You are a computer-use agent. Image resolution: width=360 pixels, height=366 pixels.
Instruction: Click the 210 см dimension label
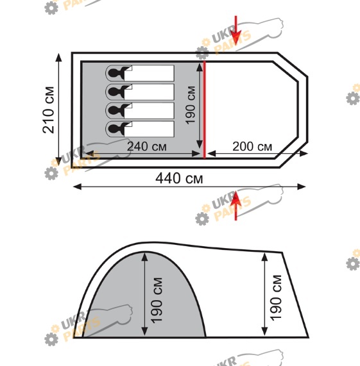point(49,110)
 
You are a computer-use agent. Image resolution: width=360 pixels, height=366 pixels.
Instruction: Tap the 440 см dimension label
point(179,178)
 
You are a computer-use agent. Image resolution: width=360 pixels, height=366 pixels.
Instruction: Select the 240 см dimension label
point(147,147)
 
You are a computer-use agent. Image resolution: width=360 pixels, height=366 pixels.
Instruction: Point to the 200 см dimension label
point(252,147)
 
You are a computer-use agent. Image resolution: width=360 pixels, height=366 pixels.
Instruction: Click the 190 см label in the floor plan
point(191,105)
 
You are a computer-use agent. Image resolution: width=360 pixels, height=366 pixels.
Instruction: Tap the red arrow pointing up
point(236,205)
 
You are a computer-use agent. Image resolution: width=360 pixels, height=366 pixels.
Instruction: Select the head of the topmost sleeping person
point(114,73)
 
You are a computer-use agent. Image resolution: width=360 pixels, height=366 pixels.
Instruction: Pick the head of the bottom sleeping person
point(114,129)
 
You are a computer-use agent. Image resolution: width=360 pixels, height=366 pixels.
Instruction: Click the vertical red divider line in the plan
point(205,110)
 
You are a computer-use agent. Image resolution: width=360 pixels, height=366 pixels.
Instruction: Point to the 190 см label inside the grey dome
point(157,301)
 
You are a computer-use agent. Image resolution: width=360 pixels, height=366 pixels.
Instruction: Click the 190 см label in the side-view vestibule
point(276,298)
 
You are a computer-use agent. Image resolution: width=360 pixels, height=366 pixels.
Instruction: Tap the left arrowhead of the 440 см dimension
point(78,187)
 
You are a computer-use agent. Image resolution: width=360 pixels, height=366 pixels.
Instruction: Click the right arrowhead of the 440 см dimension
point(302,187)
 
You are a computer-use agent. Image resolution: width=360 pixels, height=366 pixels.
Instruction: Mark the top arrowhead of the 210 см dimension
point(58,58)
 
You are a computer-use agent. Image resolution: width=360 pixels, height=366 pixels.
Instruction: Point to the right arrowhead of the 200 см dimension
point(304,154)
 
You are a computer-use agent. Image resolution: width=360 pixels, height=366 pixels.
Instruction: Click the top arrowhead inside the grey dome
point(145,257)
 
